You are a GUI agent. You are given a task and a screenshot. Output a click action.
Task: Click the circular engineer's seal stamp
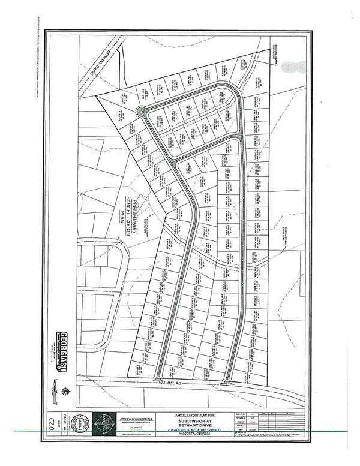coord(77,423)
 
